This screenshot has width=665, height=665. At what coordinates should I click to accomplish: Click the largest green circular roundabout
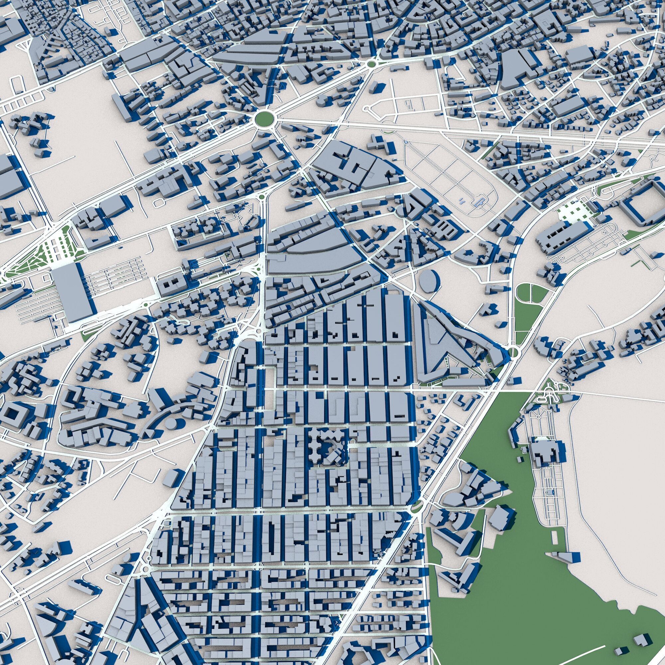(x=265, y=119)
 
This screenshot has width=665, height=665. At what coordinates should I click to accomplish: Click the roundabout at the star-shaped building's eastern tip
(x=513, y=352)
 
